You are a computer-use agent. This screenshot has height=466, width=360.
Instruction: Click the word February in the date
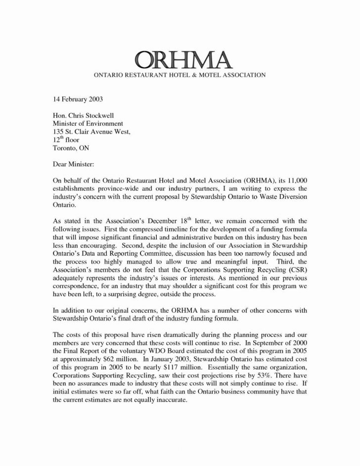coord(75,99)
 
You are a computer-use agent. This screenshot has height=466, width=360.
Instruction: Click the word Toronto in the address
coord(65,147)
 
